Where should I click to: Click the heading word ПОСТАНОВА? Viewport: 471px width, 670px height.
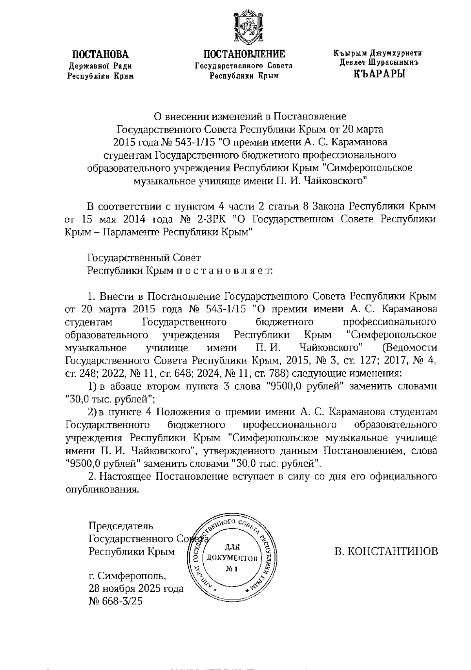101,55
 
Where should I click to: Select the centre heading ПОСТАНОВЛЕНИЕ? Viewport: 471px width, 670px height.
244,54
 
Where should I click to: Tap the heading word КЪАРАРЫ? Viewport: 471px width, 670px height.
379,73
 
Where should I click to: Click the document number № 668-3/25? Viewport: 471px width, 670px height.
116,601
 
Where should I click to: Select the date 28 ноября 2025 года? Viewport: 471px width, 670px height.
136,589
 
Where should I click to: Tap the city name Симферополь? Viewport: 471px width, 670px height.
131,576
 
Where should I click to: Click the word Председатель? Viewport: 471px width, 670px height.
121,526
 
